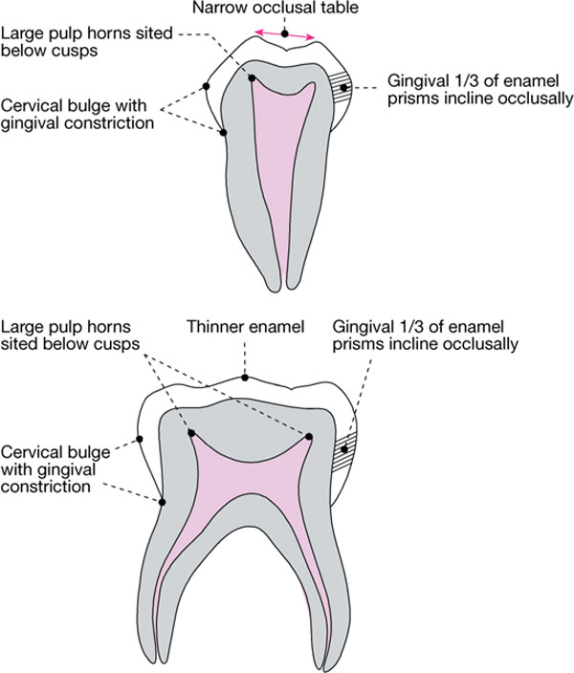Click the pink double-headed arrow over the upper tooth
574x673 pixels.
coord(284,34)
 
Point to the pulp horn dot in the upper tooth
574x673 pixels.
coord(253,78)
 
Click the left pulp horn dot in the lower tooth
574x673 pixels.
coord(191,432)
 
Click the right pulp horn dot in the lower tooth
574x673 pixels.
coord(311,437)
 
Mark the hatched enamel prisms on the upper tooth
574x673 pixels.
coord(339,89)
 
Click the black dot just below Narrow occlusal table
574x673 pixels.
coord(284,34)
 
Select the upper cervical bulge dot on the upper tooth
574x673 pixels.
coord(207,87)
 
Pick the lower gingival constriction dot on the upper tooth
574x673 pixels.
coord(223,132)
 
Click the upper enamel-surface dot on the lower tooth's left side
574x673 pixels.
coord(140,440)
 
